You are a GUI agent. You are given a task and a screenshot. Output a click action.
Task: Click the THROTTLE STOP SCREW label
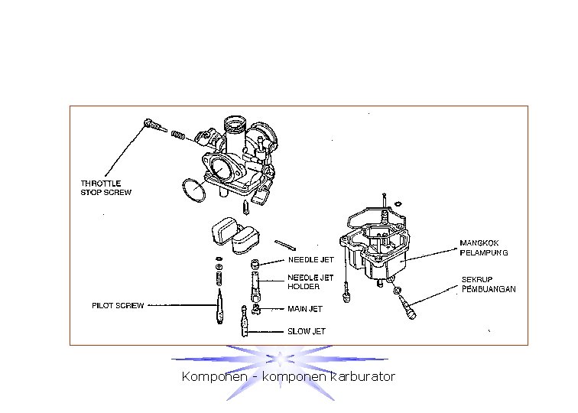[106, 187]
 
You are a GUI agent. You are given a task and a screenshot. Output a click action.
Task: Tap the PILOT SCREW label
[118, 306]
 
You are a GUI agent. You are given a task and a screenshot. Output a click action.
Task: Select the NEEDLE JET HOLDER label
[310, 282]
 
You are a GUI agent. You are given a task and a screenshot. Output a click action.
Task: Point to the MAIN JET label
[304, 309]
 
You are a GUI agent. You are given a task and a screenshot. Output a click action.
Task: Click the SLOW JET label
[306, 332]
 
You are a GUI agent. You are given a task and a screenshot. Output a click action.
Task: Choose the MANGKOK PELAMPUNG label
[484, 248]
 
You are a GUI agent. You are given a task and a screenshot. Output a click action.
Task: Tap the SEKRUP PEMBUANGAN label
[489, 285]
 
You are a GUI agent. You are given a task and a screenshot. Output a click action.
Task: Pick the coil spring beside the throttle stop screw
[177, 135]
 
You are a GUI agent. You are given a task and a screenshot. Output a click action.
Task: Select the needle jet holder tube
[255, 283]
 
